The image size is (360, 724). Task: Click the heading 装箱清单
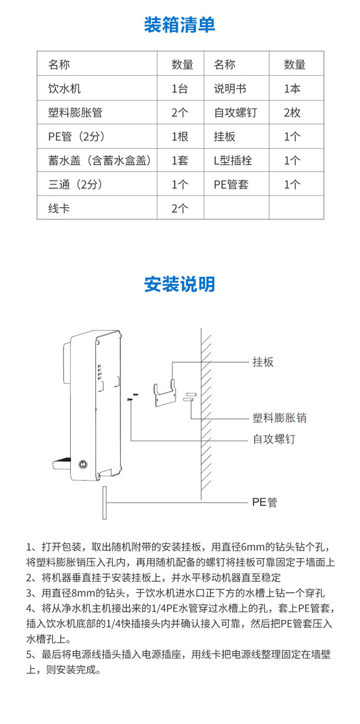[x=179, y=25]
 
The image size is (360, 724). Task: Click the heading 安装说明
[x=179, y=284]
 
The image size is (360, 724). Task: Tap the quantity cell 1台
[x=180, y=89]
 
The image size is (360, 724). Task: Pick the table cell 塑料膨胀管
[x=75, y=113]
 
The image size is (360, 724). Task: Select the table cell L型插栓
[x=233, y=161]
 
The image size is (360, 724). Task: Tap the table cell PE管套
[x=231, y=184]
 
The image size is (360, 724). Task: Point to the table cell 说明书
[x=230, y=89]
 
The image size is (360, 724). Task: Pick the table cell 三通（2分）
[x=76, y=184]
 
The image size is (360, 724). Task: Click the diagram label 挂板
[x=263, y=362]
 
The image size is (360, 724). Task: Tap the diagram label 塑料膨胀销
[x=279, y=418]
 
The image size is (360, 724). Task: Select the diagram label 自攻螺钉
[x=274, y=439]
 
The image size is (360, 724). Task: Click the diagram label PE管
[x=264, y=503]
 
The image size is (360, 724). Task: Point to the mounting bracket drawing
[x=164, y=390]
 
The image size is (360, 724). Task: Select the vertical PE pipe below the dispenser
[x=104, y=503]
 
